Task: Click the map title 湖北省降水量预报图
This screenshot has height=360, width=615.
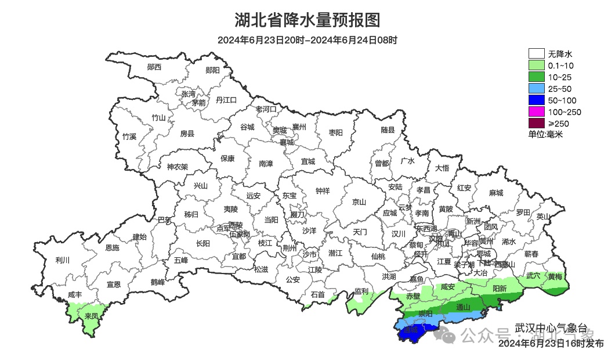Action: (307, 20)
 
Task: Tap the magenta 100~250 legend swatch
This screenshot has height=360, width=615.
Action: (536, 112)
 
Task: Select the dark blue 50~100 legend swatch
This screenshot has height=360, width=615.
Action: (536, 100)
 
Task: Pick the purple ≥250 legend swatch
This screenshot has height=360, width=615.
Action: (536, 123)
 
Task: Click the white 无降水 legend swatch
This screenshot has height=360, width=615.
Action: (536, 55)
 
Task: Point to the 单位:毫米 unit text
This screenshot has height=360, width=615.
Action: (545, 134)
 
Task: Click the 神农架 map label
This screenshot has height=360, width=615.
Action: (178, 167)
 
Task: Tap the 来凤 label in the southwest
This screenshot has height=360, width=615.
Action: (91, 316)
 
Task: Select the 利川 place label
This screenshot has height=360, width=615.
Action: (62, 260)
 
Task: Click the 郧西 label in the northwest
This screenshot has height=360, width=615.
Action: (154, 67)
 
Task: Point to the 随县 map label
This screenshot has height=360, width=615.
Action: (388, 130)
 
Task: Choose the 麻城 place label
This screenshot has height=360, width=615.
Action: (495, 193)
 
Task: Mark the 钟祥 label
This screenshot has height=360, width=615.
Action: (322, 190)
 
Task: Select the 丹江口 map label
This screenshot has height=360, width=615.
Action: (226, 100)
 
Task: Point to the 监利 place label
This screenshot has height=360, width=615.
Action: (361, 291)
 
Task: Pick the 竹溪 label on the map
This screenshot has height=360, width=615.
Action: (129, 137)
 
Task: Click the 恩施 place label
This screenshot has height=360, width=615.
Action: (112, 248)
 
